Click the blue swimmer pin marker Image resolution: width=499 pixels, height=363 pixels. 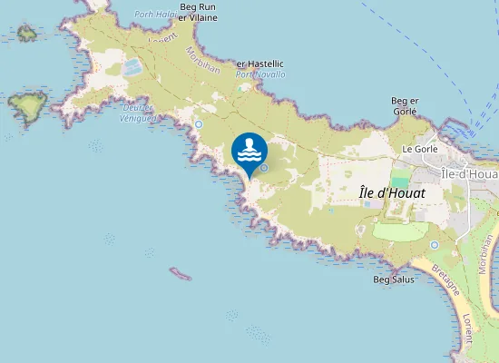249,152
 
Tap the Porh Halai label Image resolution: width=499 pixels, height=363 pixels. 154,14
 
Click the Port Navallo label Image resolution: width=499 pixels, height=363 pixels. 260,74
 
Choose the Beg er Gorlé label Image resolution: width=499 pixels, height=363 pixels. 404,105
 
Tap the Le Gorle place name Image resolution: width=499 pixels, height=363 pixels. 420,148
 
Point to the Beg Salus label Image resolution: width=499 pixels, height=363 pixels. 394,280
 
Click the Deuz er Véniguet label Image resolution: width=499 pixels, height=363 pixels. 136,109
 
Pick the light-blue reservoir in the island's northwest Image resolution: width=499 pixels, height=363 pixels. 132,66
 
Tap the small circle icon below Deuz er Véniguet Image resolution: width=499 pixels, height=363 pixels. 199,123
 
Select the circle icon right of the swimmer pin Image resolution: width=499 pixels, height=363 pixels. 264,167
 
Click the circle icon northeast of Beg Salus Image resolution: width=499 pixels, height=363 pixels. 435,244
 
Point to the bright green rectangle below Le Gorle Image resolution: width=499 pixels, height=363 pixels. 400,182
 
